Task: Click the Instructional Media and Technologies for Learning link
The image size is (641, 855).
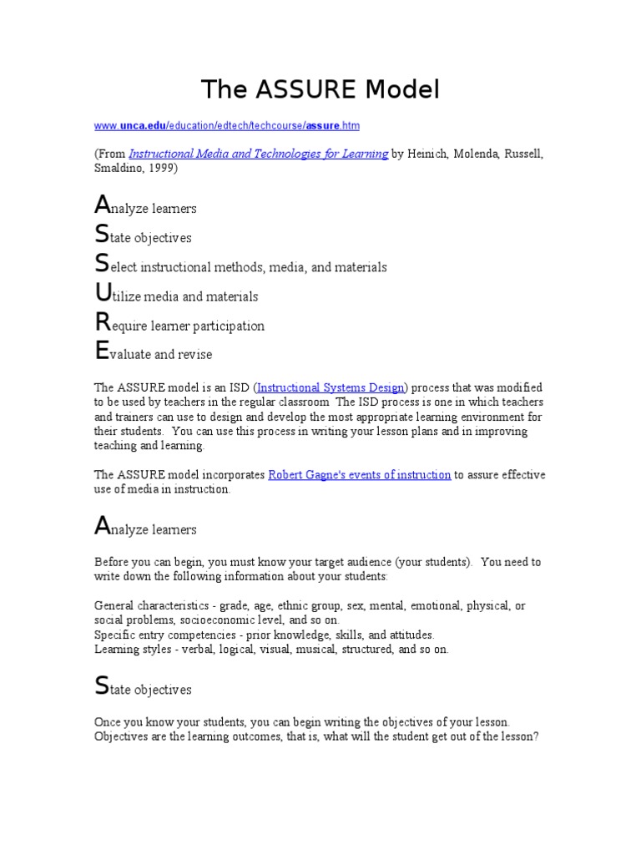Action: pyautogui.click(x=259, y=154)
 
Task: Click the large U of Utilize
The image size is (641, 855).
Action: pyautogui.click(x=103, y=293)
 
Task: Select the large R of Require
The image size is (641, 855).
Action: pyautogui.click(x=102, y=322)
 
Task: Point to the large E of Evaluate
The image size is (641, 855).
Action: pyautogui.click(x=101, y=352)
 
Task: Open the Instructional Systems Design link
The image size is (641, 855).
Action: pyautogui.click(x=331, y=387)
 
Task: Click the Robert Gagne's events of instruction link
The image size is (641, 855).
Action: pyautogui.click(x=360, y=474)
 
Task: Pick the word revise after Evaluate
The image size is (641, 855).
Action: pyautogui.click(x=195, y=354)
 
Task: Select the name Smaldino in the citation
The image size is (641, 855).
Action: pyautogui.click(x=119, y=168)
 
